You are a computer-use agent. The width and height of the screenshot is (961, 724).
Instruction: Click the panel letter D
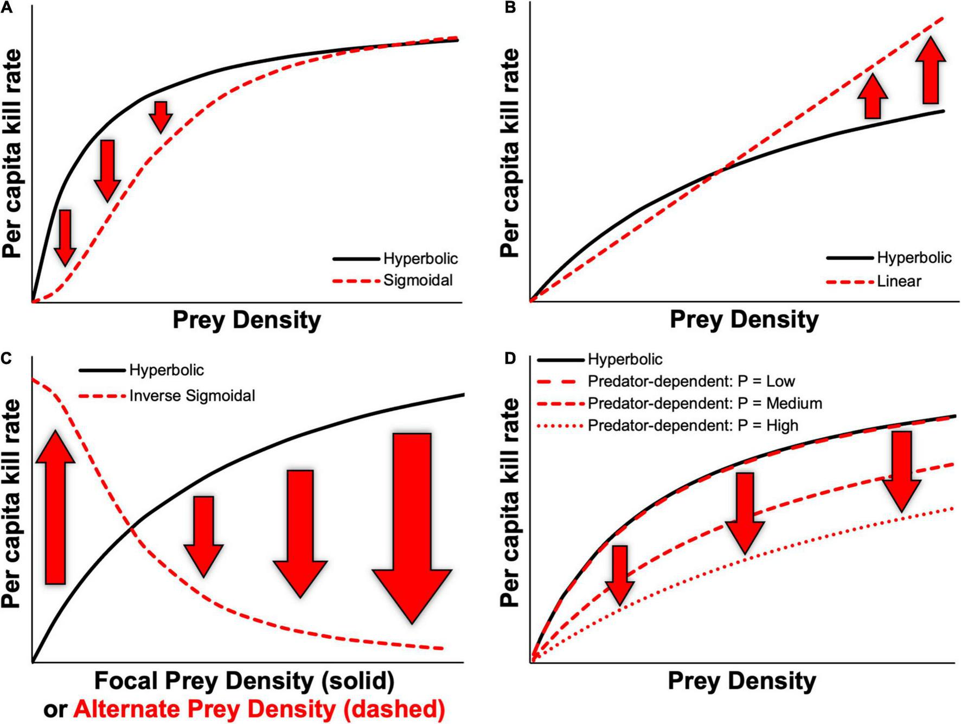[x=510, y=359]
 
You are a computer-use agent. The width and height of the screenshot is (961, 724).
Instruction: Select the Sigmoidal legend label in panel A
[x=418, y=281]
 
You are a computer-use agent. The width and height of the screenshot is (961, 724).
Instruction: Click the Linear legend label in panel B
[x=899, y=281]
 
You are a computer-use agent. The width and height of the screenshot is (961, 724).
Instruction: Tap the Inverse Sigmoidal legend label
[x=192, y=396]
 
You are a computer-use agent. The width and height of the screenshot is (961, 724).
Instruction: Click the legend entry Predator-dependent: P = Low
[x=691, y=381]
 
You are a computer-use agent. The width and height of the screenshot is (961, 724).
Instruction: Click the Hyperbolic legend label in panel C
[x=166, y=370]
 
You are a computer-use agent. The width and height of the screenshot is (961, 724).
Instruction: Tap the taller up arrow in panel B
[x=931, y=71]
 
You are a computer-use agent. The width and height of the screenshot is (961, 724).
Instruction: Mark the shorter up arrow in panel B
[x=873, y=96]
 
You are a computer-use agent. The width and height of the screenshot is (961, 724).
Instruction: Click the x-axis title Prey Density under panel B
[x=744, y=319]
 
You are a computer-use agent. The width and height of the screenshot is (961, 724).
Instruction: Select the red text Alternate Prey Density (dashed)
[x=259, y=709]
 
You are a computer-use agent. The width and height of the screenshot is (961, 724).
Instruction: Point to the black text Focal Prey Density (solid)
[x=244, y=681]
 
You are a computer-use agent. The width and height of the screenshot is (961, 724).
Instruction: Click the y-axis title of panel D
[x=510, y=502]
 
